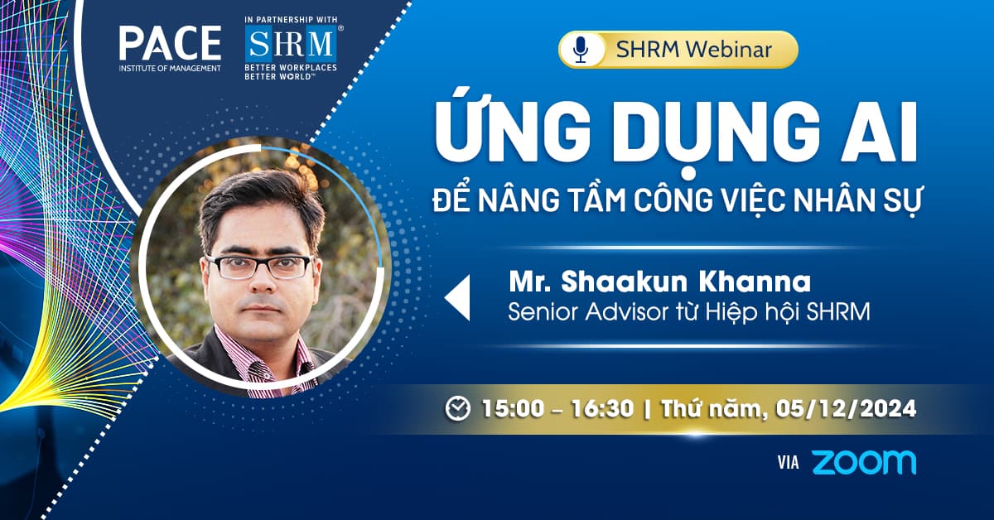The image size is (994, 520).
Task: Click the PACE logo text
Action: point(170,43)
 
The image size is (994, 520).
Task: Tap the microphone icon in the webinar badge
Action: point(581,50)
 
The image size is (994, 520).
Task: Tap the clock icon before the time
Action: point(457,408)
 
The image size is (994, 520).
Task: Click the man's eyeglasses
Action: point(258,267)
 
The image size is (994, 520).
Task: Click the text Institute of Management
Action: point(170,68)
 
